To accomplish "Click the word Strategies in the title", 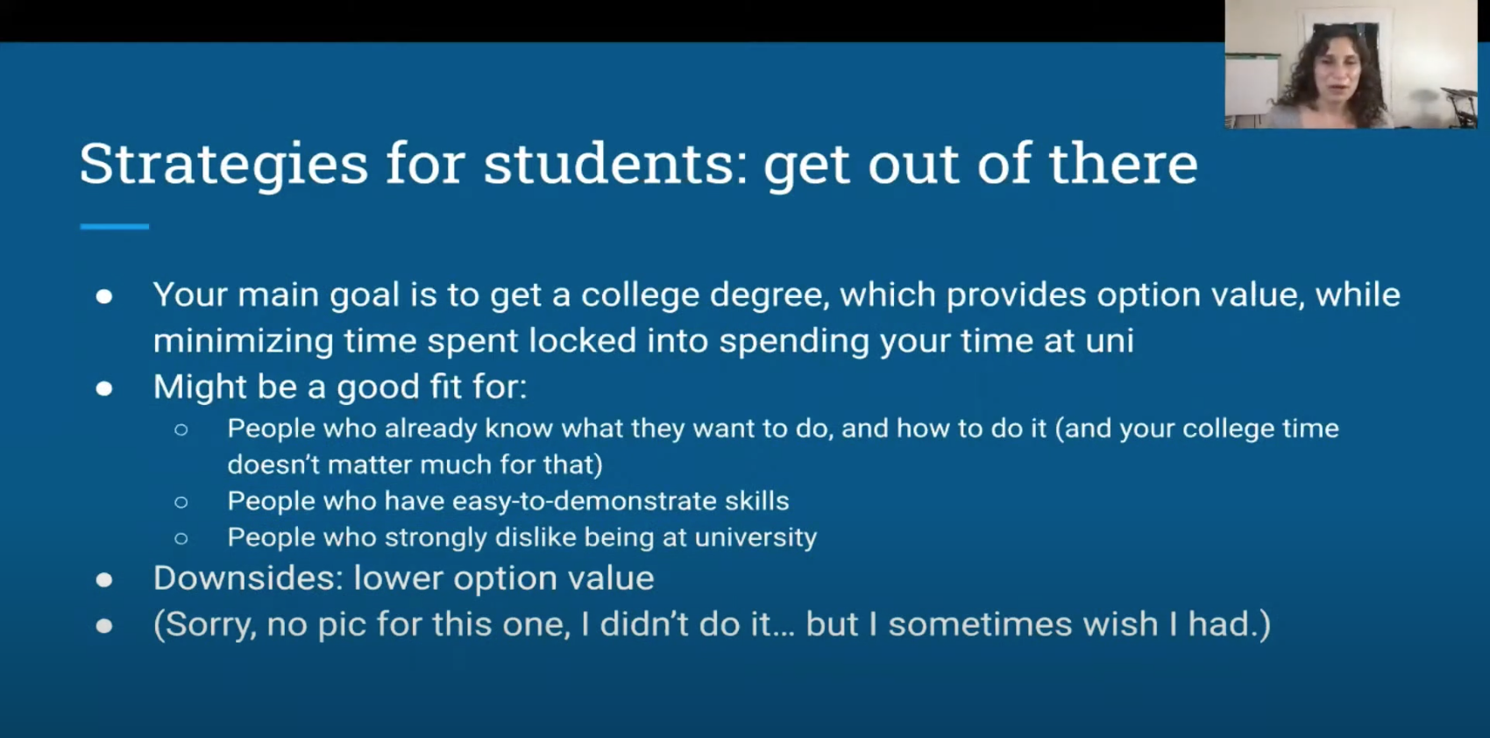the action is (x=223, y=165).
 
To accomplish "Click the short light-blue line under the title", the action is (x=115, y=227).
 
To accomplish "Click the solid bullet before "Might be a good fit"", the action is (x=103, y=388).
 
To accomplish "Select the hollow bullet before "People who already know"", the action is (x=181, y=429).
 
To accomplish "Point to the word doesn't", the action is (x=272, y=465).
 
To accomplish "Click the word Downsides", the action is (x=248, y=578).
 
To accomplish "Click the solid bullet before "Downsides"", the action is (x=103, y=579).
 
